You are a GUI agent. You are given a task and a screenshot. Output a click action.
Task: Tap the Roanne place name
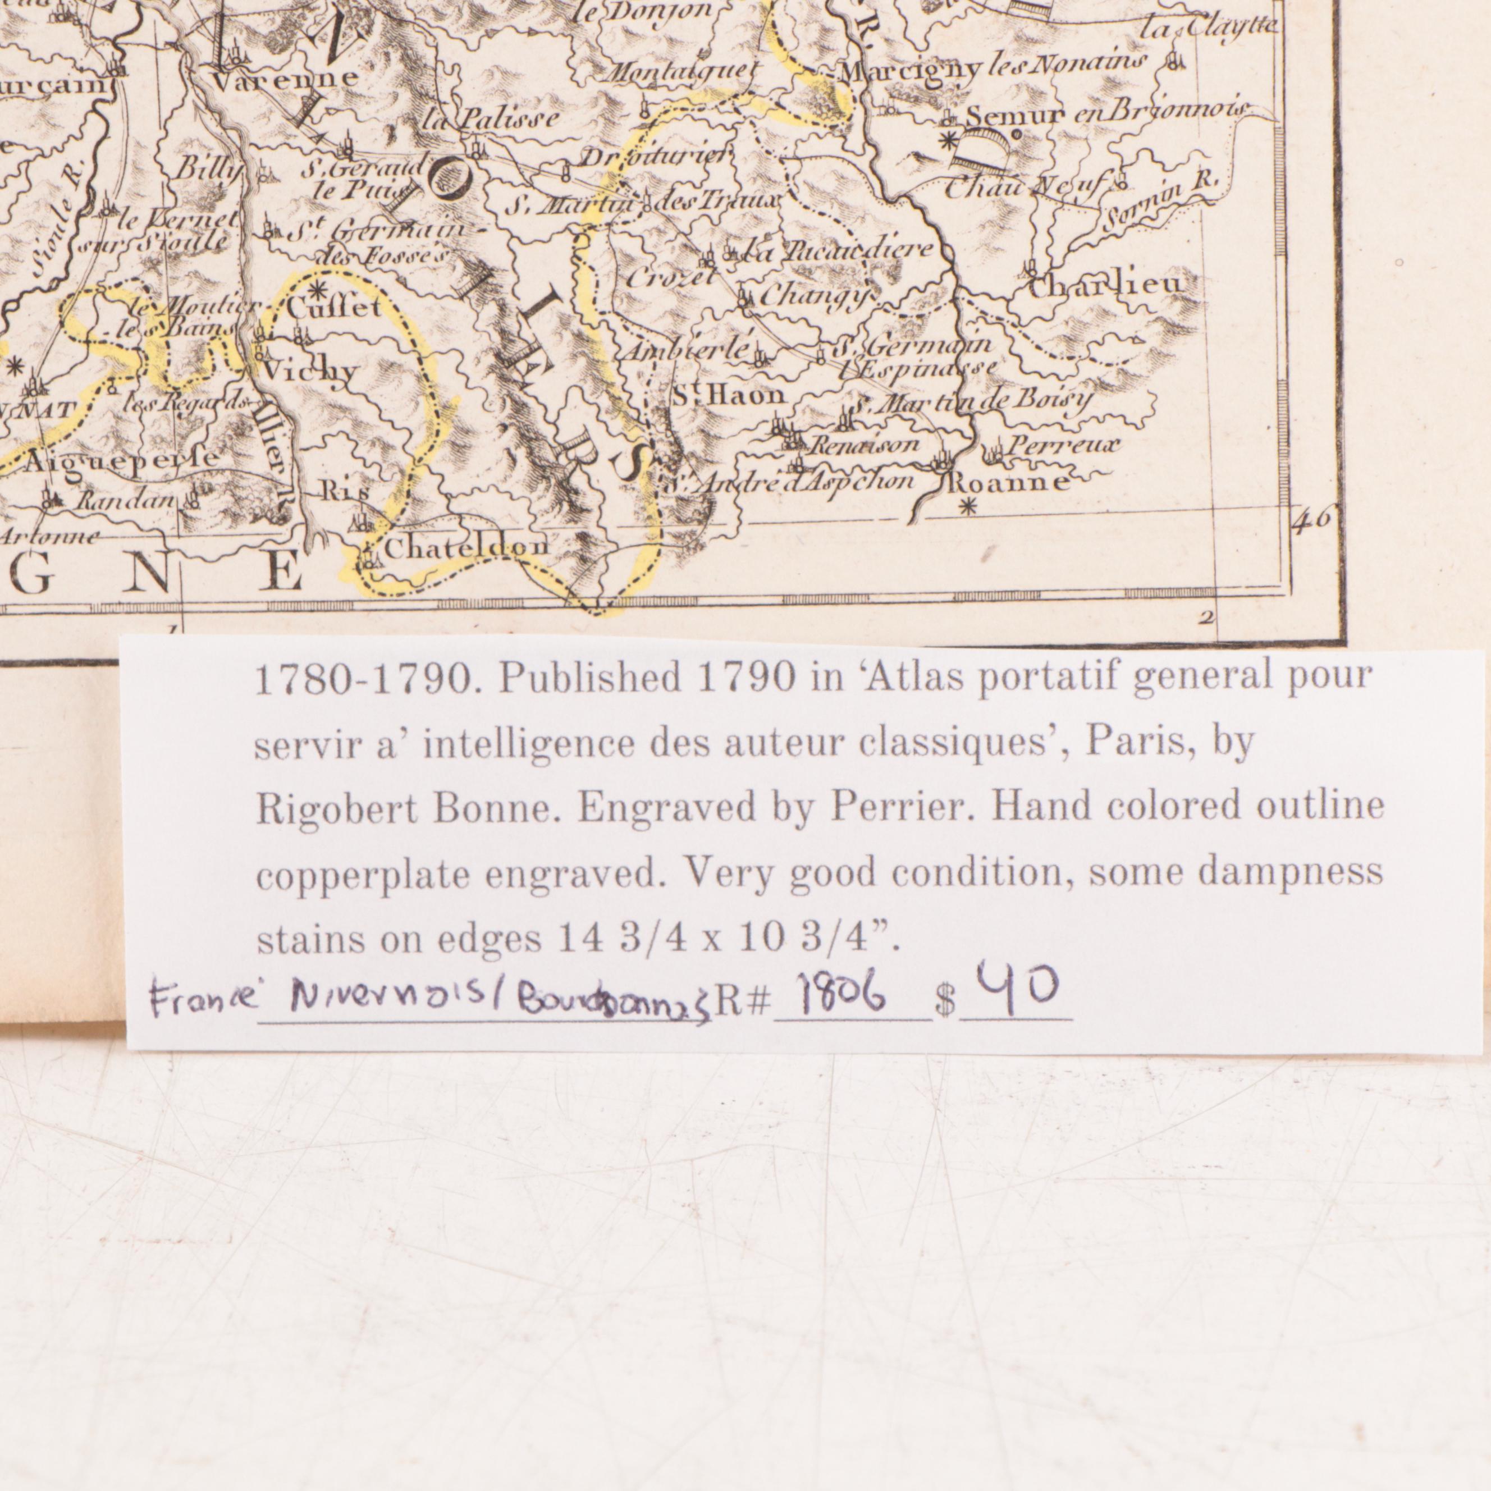pos(1008,483)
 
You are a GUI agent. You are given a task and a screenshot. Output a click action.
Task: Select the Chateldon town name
pos(465,547)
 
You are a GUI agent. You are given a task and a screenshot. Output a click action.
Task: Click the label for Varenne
pos(284,78)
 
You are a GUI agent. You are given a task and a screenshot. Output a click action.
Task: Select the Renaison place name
pos(863,445)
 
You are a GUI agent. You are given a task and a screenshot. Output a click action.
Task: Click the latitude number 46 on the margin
pos(1312,519)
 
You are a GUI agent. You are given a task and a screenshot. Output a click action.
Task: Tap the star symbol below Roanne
pos(970,507)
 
